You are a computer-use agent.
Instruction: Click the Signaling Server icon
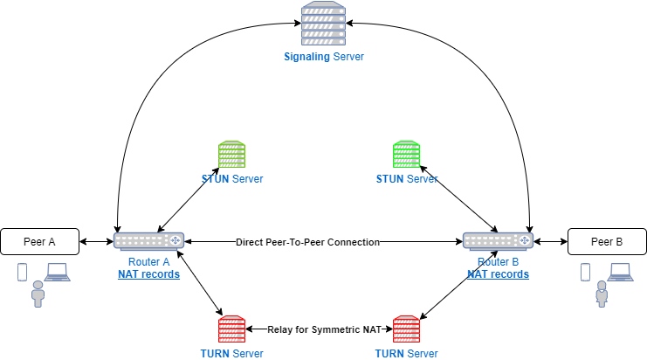point(324,24)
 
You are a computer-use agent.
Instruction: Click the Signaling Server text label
point(324,57)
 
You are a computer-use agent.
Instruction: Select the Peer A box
point(40,241)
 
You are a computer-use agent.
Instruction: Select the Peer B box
point(607,241)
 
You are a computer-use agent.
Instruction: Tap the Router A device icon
point(148,241)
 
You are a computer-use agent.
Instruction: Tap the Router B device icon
point(498,241)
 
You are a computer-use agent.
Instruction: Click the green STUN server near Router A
point(232,155)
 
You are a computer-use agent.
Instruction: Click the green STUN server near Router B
point(406,155)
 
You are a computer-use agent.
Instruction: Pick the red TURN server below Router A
point(232,329)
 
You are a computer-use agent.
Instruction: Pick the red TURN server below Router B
point(406,329)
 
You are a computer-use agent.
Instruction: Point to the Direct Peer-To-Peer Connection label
point(307,242)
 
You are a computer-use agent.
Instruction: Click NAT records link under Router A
point(148,274)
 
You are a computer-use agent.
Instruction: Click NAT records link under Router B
point(498,274)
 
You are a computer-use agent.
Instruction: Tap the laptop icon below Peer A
point(58,273)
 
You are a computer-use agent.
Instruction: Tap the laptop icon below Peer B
point(621,273)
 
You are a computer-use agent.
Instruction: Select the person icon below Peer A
point(38,294)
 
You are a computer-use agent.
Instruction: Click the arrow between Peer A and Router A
point(96,241)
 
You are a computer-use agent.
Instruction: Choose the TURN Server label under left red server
point(232,353)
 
